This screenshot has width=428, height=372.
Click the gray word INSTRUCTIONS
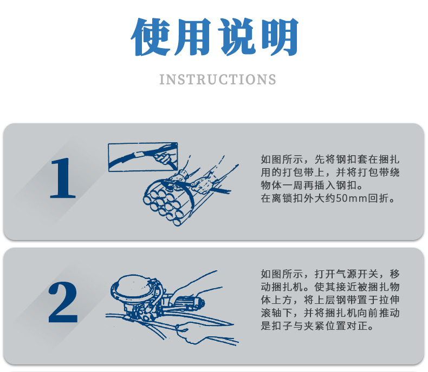click(x=218, y=79)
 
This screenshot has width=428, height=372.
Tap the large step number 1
click(x=62, y=178)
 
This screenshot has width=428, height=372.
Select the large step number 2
click(x=63, y=302)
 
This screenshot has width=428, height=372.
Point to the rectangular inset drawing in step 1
click(x=143, y=157)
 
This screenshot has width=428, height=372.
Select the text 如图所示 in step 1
click(x=282, y=160)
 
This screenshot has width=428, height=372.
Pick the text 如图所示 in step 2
click(x=282, y=274)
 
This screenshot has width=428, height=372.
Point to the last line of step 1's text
click(x=328, y=198)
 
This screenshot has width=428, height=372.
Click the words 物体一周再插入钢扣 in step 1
click(x=309, y=185)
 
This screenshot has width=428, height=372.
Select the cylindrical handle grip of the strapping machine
click(x=190, y=303)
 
